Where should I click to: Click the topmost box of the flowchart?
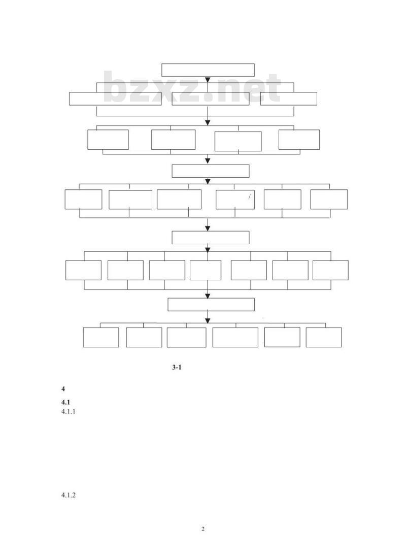pyautogui.click(x=208, y=70)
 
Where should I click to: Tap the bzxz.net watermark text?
pyautogui.click(x=192, y=88)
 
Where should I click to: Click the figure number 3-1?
pyautogui.click(x=177, y=368)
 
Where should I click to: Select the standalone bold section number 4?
pyautogui.click(x=63, y=389)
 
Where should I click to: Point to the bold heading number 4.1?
pyautogui.click(x=65, y=403)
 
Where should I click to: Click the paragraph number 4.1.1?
pyautogui.click(x=69, y=412)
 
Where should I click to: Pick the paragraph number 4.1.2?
pyautogui.click(x=69, y=495)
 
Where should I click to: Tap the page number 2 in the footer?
pyautogui.click(x=203, y=529)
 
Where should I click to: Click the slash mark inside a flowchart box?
pyautogui.click(x=249, y=197)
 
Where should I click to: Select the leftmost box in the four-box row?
pyautogui.click(x=108, y=140)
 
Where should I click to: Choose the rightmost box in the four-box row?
pyautogui.click(x=299, y=140)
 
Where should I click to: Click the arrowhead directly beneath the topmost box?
pyautogui.click(x=208, y=80)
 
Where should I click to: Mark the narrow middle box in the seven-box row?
pyautogui.click(x=206, y=270)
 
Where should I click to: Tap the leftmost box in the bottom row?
pyautogui.click(x=101, y=337)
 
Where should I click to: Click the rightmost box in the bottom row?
pyautogui.click(x=324, y=337)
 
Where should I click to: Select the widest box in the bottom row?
pyautogui.click(x=235, y=337)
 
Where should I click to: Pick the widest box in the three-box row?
pyautogui.click(x=115, y=99)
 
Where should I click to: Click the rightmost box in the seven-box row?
pyautogui.click(x=330, y=270)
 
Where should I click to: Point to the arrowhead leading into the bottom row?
pyautogui.click(x=208, y=320)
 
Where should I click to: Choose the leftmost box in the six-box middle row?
pyautogui.click(x=83, y=200)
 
